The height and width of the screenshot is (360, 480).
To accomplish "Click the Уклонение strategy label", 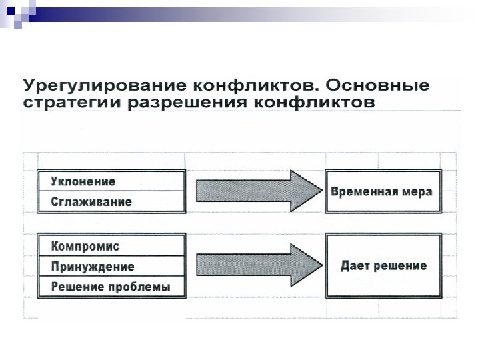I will tap(83, 181).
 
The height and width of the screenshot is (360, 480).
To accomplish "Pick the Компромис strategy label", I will tap(85, 247).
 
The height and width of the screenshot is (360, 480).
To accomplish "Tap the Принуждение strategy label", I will tap(93, 267).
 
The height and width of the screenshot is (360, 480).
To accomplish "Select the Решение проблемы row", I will tap(111, 287).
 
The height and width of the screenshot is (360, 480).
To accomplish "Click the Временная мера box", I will tap(382, 192).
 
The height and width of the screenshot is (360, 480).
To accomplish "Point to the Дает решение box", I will tap(383, 266).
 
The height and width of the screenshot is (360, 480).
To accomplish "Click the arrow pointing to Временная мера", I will tap(254, 191).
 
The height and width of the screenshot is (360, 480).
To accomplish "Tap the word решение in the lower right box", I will tap(399, 265).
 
